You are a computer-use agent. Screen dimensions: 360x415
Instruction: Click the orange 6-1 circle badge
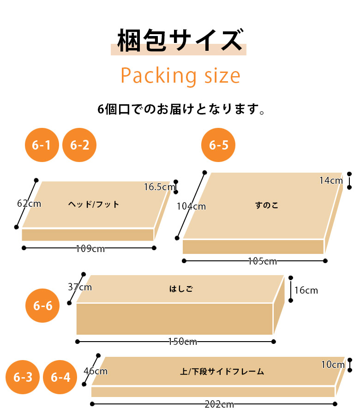[x=42, y=145]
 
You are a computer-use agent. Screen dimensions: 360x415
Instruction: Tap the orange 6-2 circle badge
[x=79, y=145]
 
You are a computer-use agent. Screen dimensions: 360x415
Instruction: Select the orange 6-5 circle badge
[x=218, y=145]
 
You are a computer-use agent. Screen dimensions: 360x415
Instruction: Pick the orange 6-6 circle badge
[x=42, y=306]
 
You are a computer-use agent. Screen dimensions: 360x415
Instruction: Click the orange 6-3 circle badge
[x=23, y=377]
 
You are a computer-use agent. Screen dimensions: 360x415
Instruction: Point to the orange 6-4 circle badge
[x=60, y=377]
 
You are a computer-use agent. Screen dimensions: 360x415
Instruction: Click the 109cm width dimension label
[x=90, y=249]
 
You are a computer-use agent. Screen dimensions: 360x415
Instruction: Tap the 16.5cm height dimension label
[x=160, y=187]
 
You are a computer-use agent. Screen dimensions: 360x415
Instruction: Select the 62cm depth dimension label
[x=29, y=204]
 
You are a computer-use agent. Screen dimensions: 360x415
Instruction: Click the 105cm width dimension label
[x=262, y=261]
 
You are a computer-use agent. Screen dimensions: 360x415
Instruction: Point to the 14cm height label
[x=331, y=180]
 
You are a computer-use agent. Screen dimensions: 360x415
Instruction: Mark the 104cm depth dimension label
[x=191, y=206]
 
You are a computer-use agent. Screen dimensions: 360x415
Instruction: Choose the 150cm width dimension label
[x=183, y=342]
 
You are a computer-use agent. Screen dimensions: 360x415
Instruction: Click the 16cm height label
[x=306, y=290]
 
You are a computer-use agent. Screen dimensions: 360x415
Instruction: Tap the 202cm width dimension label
[x=219, y=404]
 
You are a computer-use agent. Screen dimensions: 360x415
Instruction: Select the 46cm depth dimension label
[x=96, y=371]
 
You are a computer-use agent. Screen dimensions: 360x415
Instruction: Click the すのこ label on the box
[x=267, y=205]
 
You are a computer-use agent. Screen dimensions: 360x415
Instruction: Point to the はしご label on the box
[x=181, y=289]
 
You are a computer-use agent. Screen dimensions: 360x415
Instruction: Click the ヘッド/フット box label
[x=94, y=204]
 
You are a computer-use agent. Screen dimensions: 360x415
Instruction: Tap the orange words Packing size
[x=180, y=76]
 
